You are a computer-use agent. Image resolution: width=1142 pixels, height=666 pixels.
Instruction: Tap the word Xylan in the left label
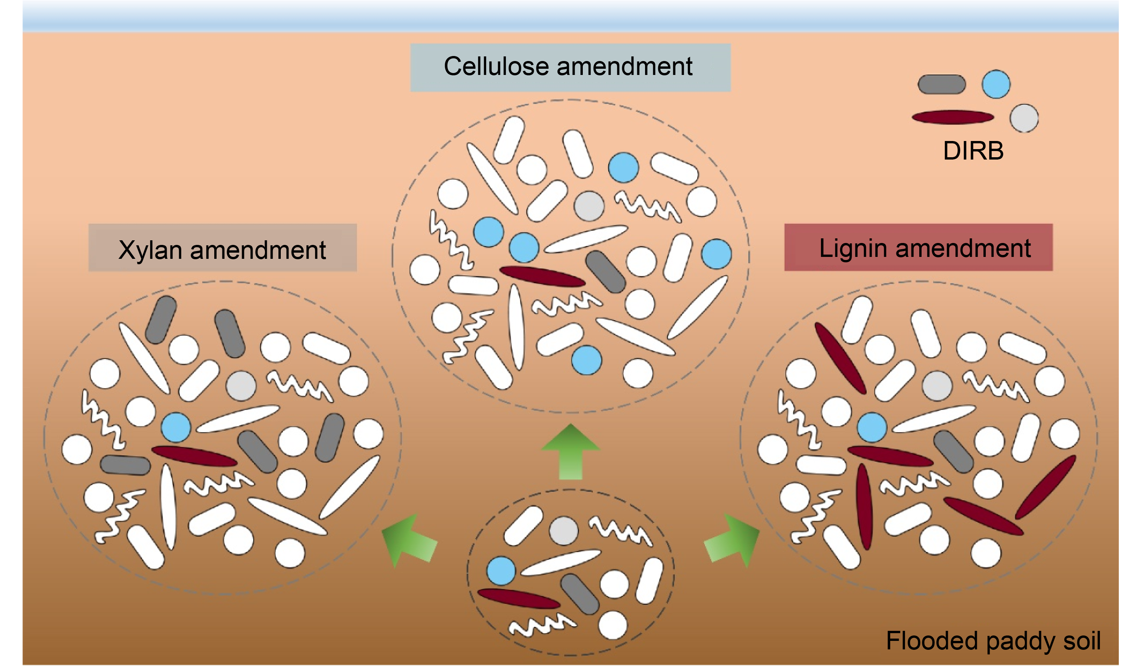click(x=150, y=250)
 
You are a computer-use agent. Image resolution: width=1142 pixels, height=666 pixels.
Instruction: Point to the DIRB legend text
click(x=973, y=151)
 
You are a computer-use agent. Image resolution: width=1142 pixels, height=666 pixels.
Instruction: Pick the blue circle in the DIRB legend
click(x=996, y=84)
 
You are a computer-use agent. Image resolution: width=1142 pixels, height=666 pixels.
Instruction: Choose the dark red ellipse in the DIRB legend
click(x=953, y=117)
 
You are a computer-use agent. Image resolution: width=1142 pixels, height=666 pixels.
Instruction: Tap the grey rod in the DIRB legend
click(x=942, y=85)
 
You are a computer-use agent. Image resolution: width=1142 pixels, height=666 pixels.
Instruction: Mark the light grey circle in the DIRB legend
click(x=1024, y=118)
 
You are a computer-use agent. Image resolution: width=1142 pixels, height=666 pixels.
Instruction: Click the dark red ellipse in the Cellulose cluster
click(x=542, y=276)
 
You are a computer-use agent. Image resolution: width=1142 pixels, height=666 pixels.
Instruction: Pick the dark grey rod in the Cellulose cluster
click(x=606, y=272)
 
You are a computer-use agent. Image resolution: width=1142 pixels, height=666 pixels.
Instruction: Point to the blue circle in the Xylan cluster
click(x=176, y=427)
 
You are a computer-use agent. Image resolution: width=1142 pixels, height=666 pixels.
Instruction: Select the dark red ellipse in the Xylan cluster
click(x=194, y=456)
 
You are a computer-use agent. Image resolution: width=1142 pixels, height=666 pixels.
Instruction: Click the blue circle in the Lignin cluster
click(x=872, y=427)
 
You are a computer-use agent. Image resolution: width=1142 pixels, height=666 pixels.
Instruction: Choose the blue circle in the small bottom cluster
click(x=501, y=571)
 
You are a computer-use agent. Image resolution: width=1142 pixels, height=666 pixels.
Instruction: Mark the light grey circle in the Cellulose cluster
click(x=589, y=206)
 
